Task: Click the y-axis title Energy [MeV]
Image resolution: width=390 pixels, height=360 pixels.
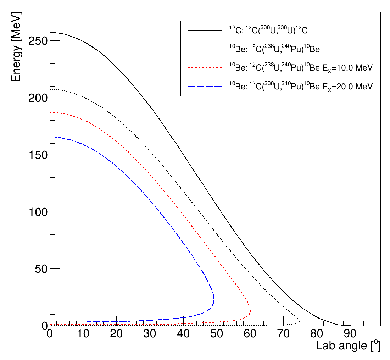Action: coord(17,46)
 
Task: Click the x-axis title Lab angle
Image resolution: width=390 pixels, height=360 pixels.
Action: coord(348,346)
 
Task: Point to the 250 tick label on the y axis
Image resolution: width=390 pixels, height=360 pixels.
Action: coord(38,41)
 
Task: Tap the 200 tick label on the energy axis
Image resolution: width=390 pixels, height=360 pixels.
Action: coord(38,98)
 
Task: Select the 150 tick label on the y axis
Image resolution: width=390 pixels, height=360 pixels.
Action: coord(38,155)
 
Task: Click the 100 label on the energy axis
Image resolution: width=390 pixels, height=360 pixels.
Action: coord(38,212)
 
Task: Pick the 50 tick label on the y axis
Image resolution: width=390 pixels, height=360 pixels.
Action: coord(41,268)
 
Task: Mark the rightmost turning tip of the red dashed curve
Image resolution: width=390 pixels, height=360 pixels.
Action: coord(251,311)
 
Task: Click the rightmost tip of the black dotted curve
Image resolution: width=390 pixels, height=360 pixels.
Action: coord(300,321)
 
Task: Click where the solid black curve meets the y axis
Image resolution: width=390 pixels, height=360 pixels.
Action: coord(50,33)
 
